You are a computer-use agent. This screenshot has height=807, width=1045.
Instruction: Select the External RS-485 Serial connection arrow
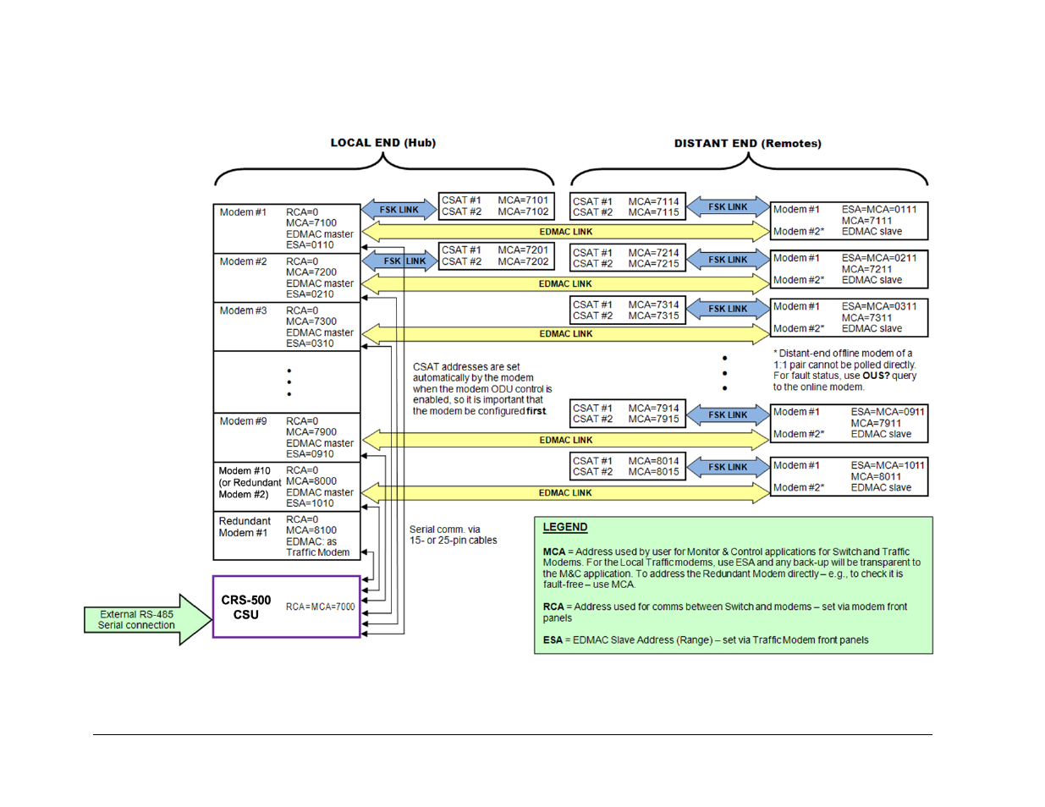144,620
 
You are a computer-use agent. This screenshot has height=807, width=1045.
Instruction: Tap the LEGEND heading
564,527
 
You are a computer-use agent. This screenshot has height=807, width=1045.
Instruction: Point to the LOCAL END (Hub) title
382,143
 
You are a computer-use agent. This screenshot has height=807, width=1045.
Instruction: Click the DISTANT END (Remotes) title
747,144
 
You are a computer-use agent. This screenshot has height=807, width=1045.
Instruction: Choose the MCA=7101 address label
523,200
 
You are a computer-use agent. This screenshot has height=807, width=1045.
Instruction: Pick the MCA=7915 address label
653,419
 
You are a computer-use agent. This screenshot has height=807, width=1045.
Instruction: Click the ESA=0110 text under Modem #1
310,245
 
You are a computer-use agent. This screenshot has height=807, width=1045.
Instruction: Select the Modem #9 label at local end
243,421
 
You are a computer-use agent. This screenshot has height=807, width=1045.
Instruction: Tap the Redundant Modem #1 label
245,527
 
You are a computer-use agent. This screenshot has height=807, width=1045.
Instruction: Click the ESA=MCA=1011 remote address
888,465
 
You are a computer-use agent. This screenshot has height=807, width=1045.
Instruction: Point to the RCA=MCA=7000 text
320,607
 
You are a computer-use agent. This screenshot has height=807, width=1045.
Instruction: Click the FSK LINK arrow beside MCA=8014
728,467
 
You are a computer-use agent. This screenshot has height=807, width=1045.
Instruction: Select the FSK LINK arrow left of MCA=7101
399,210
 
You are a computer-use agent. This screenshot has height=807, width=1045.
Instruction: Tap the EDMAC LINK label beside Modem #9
566,440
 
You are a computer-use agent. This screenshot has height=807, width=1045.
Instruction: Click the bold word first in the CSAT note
536,411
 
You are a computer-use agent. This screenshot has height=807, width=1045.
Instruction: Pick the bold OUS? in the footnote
876,376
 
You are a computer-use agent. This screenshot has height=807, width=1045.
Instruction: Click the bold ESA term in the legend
553,640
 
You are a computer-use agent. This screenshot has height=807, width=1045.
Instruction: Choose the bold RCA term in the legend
553,607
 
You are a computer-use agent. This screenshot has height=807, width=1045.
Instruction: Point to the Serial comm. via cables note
453,535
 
